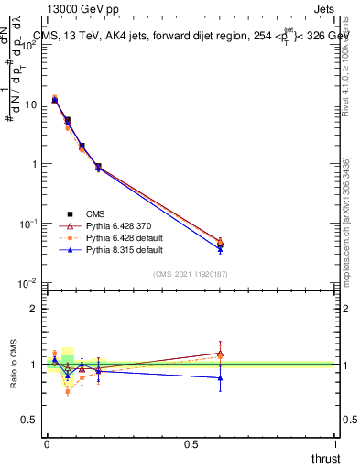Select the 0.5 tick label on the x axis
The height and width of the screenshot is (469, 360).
191,443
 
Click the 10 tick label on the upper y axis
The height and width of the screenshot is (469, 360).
31,104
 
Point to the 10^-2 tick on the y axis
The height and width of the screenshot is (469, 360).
29,283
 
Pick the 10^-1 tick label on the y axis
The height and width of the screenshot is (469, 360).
29,224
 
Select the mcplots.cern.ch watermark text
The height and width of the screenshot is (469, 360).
347,229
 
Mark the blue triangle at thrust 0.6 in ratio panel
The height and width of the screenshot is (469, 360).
220,377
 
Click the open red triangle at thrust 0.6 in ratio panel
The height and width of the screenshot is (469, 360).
220,353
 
